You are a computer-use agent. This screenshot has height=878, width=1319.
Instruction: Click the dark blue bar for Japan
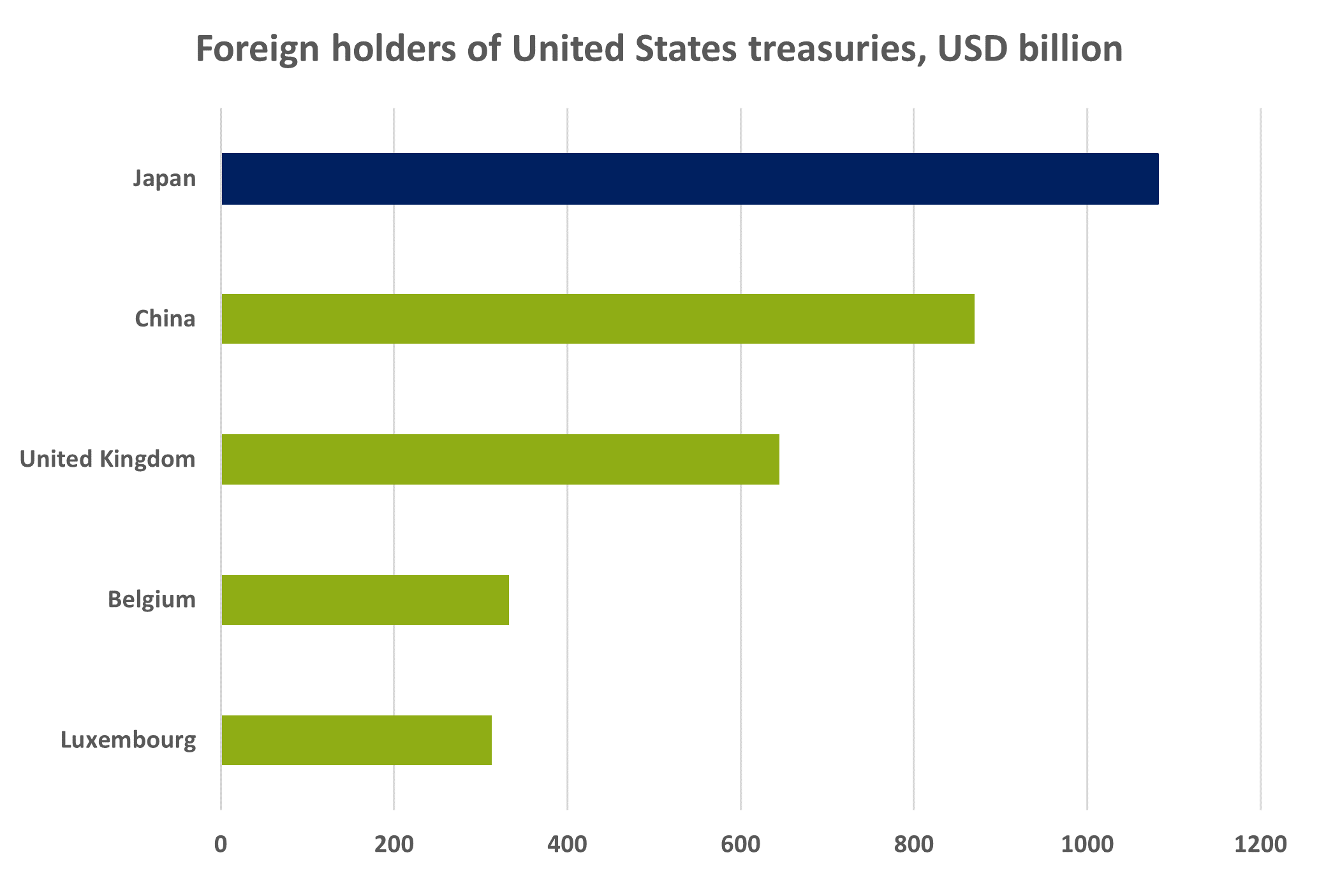[x=689, y=179]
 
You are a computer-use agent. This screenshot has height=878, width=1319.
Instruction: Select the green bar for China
[x=598, y=319]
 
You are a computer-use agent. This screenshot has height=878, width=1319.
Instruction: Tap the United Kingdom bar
[x=500, y=459]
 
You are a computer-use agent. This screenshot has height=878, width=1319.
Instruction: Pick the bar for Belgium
[x=365, y=600]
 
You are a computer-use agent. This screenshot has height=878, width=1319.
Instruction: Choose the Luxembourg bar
[x=357, y=740]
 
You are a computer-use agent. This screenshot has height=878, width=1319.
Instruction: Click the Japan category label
[x=165, y=179]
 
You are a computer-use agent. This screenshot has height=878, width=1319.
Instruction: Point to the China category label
[x=165, y=318]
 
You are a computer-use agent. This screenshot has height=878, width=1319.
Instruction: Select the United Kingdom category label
[x=108, y=459]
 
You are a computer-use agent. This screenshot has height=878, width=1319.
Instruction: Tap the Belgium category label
[x=152, y=600]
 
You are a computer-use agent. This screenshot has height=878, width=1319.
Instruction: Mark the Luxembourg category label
[x=128, y=741]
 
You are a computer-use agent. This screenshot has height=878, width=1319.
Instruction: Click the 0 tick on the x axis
[x=221, y=844]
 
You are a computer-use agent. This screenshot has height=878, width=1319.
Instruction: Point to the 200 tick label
[x=394, y=844]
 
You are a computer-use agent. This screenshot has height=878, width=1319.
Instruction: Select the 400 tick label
[x=567, y=844]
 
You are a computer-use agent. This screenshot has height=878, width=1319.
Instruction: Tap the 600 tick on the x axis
[x=741, y=844]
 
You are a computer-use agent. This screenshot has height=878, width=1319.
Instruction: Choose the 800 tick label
[x=914, y=844]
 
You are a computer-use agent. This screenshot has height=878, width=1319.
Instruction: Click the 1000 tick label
[x=1087, y=844]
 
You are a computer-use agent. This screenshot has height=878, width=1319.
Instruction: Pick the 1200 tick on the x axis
[x=1260, y=844]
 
